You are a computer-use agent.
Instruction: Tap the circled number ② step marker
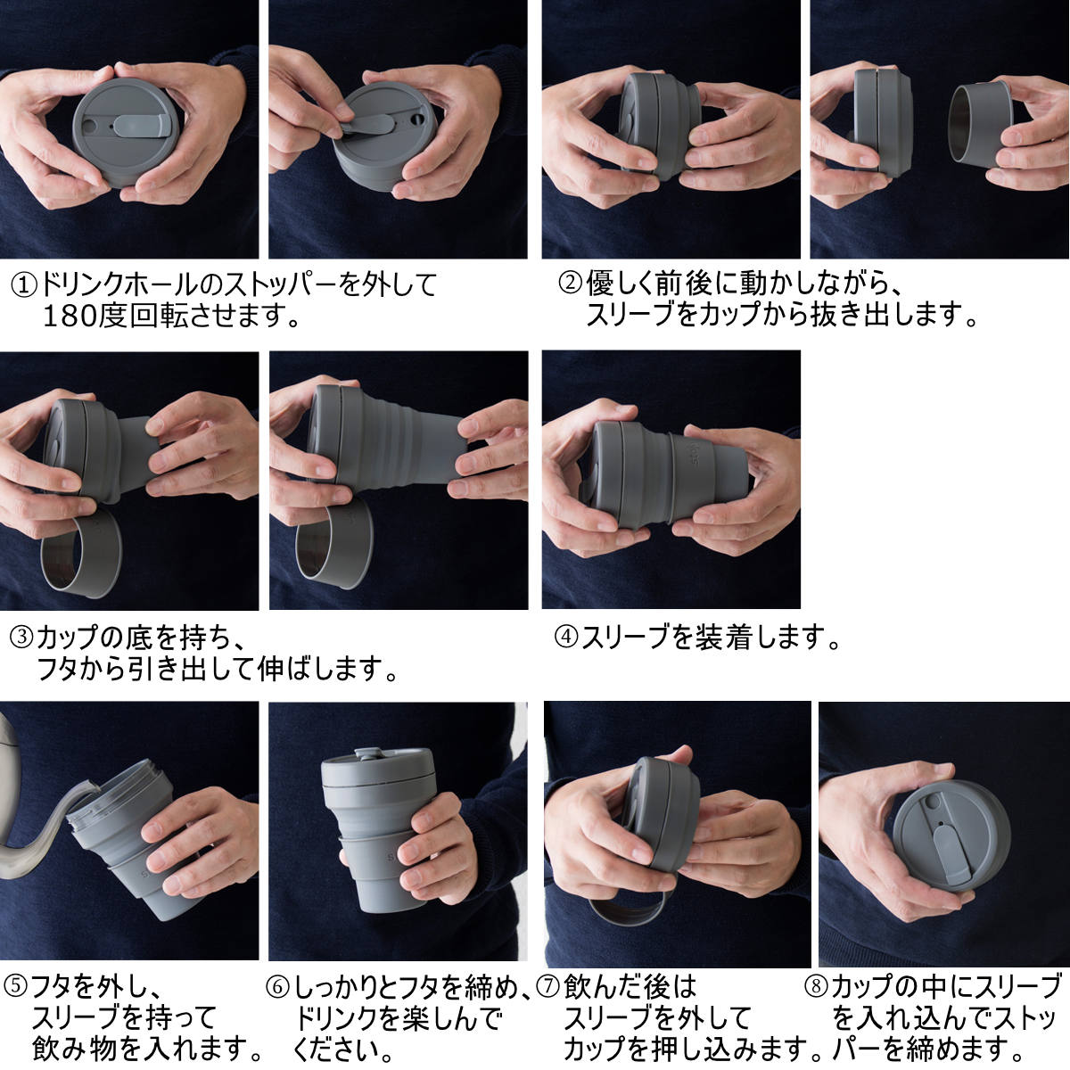click(571, 283)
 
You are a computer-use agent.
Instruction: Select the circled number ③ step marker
click(22, 638)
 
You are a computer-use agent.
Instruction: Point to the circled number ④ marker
click(567, 637)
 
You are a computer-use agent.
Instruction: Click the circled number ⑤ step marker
click(16, 987)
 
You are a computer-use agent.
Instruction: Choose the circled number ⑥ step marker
click(277, 987)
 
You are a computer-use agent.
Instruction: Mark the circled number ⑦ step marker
click(548, 987)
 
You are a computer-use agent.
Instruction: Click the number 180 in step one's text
click(70, 317)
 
